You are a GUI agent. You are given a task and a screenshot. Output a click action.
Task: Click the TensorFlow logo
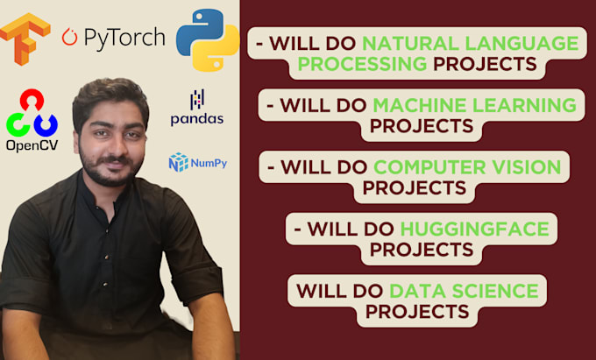click(25, 38)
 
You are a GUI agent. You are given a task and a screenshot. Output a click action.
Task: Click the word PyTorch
click(124, 37)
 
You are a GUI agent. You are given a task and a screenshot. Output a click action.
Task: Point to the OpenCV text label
click(32, 145)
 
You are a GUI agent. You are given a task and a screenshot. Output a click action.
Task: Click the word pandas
click(197, 119)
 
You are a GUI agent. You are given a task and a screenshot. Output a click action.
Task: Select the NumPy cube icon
click(178, 162)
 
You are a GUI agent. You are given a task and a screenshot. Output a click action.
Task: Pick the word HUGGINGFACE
click(474, 229)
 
